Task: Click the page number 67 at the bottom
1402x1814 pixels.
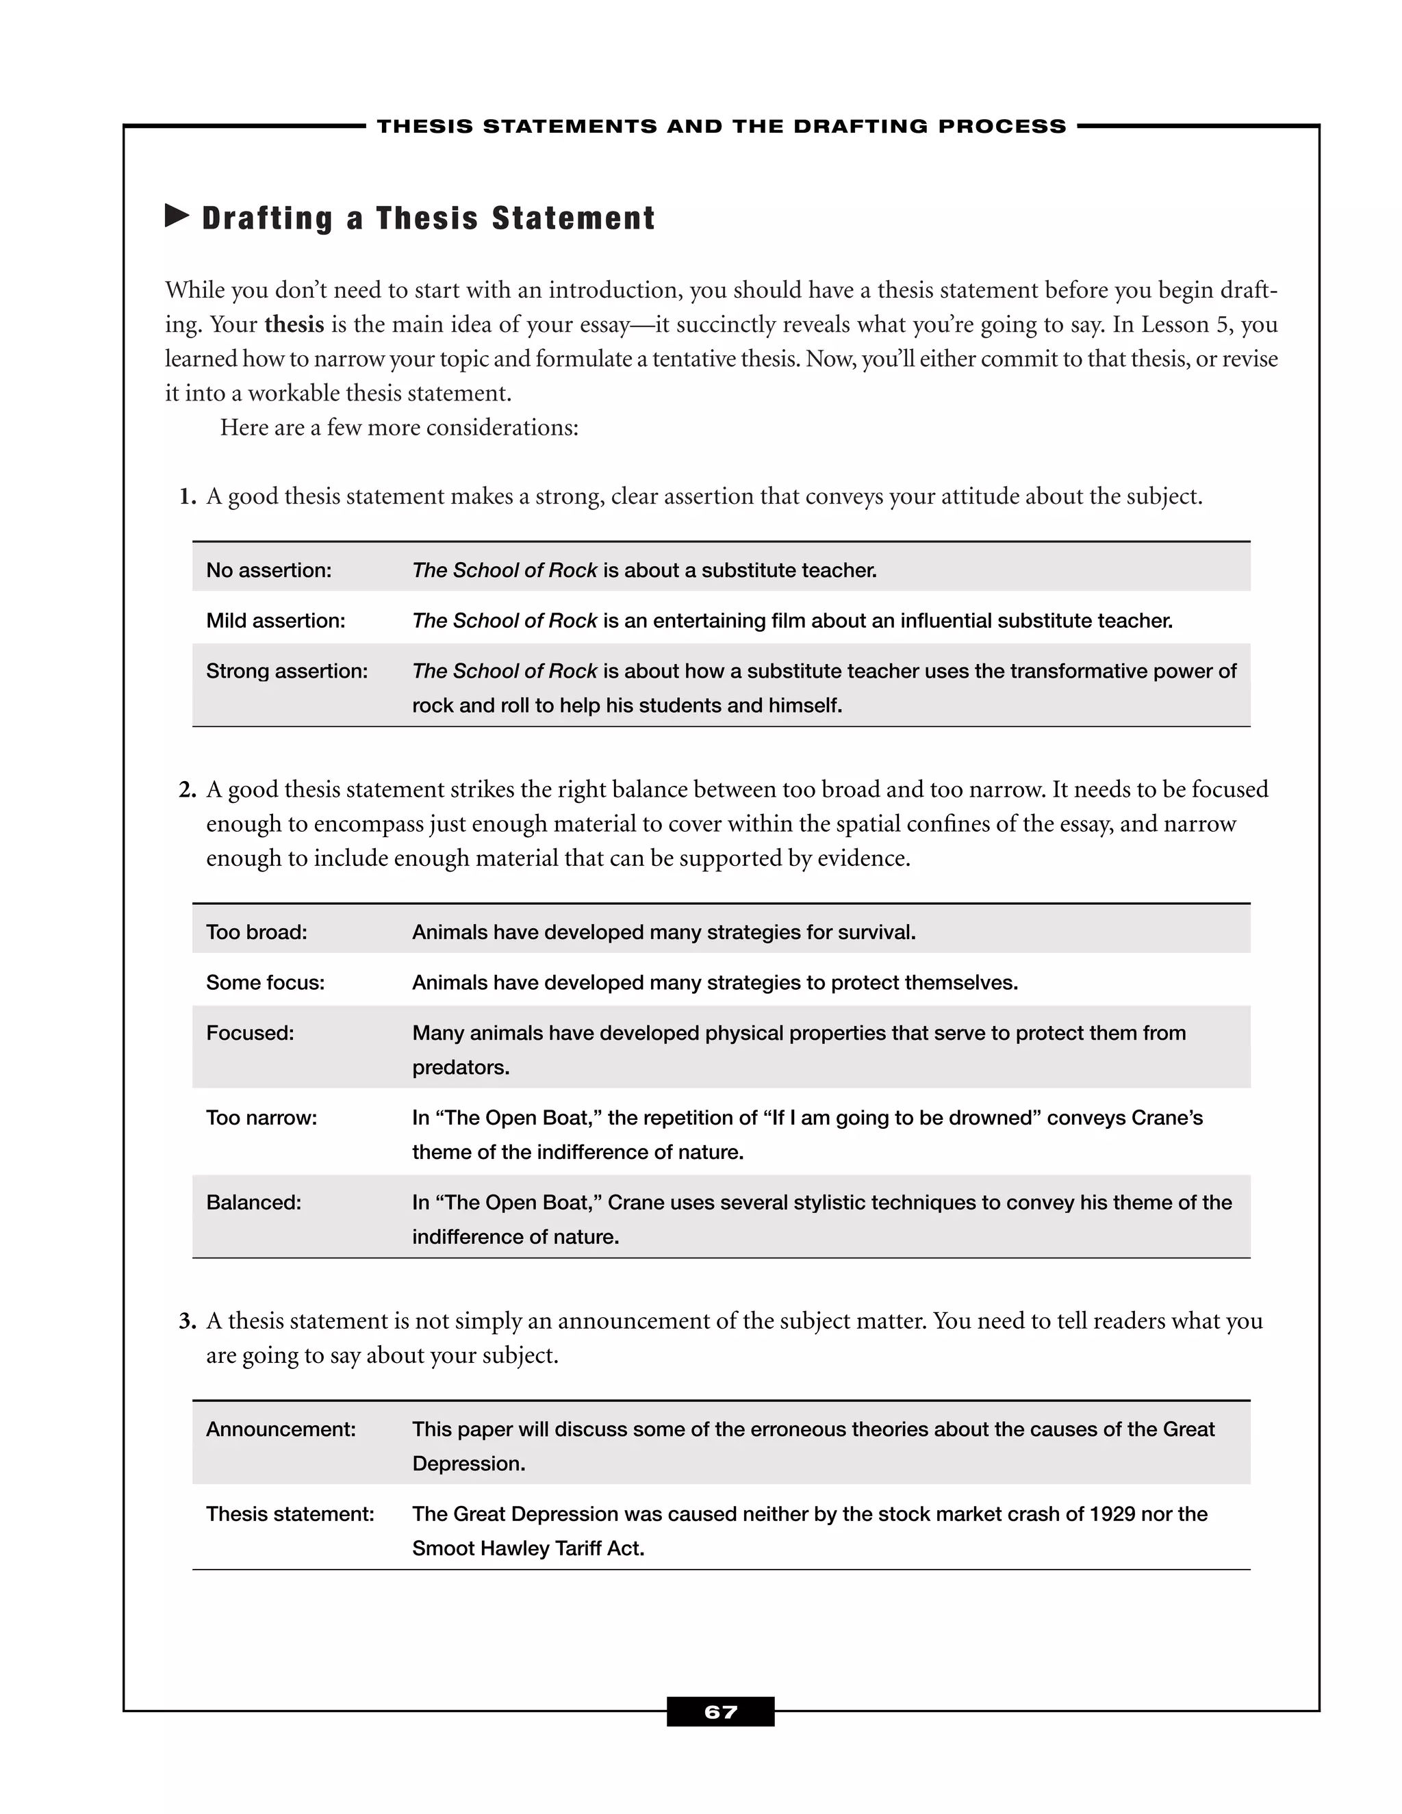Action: (x=720, y=1712)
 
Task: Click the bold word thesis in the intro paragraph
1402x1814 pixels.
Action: (x=294, y=324)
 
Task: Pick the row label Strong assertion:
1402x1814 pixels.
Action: (x=287, y=671)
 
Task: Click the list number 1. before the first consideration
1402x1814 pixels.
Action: (x=188, y=498)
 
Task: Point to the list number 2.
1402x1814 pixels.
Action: (x=188, y=790)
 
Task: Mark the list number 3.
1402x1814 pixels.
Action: (x=188, y=1321)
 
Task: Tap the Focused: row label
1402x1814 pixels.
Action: (x=250, y=1033)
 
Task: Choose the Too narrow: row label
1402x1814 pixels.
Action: (x=262, y=1118)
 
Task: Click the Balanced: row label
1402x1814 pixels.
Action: (x=253, y=1203)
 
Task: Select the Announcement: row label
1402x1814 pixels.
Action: (x=281, y=1429)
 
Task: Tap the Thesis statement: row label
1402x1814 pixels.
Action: (x=290, y=1514)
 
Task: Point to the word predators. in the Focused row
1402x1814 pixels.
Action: (x=461, y=1068)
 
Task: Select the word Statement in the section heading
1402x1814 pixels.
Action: (x=573, y=218)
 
